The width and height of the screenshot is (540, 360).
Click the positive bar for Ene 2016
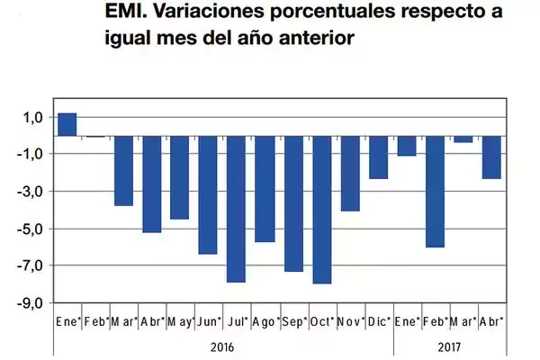[x=67, y=124]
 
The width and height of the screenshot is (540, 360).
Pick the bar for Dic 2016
[x=378, y=157]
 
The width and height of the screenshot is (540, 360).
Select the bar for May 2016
[x=180, y=177]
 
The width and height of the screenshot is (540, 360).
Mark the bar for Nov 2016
[x=350, y=173]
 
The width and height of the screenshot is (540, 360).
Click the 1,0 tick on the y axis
[x=32, y=117]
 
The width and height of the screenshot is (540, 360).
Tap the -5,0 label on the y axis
[x=31, y=229]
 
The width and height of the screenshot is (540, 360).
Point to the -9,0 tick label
[x=31, y=302]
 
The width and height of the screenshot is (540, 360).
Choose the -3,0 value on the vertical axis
[x=31, y=192]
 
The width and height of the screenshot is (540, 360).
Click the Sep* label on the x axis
[x=293, y=321]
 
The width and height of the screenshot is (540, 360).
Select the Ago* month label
[x=265, y=321]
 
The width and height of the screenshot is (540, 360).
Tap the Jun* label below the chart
[x=209, y=321]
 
